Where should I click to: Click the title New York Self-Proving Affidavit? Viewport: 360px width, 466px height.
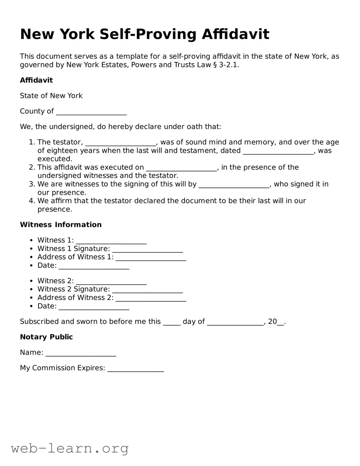[144, 34]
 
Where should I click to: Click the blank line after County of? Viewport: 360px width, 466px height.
[91, 112]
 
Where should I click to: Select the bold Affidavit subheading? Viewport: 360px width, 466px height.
[36, 80]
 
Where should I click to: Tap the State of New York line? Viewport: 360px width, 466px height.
[51, 96]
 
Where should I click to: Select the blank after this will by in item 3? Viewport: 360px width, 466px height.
[234, 185]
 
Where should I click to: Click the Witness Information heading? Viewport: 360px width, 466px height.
[61, 225]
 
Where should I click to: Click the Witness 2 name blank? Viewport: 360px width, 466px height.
[111, 282]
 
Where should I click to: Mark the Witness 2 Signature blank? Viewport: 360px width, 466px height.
[148, 290]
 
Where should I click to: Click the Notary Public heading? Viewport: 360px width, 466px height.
[46, 337]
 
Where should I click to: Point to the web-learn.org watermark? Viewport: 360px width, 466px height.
[70, 448]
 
